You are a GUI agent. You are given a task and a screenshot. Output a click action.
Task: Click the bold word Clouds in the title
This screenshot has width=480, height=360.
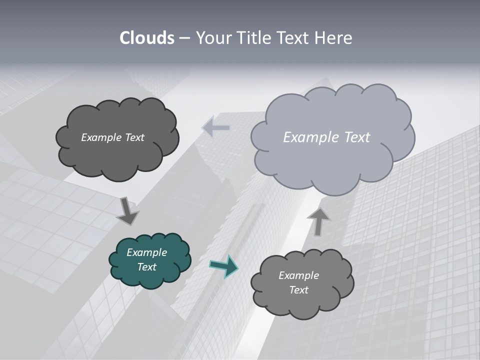tap(147, 38)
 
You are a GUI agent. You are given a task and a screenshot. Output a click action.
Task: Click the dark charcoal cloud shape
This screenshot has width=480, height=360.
tap(117, 155)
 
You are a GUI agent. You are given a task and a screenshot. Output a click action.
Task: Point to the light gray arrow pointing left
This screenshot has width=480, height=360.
tap(216, 127)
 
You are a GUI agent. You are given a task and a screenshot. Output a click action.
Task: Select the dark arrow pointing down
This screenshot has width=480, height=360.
tap(127, 211)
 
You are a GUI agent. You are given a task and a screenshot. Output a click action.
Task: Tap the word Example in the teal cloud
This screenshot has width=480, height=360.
tap(146, 252)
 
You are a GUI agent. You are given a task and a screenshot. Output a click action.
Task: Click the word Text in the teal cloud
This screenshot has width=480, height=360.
tap(146, 267)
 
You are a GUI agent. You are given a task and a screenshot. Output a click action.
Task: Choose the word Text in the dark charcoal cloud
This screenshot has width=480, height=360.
tap(134, 137)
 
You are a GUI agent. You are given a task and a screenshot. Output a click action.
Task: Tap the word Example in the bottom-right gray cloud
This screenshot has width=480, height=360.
tap(298, 275)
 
